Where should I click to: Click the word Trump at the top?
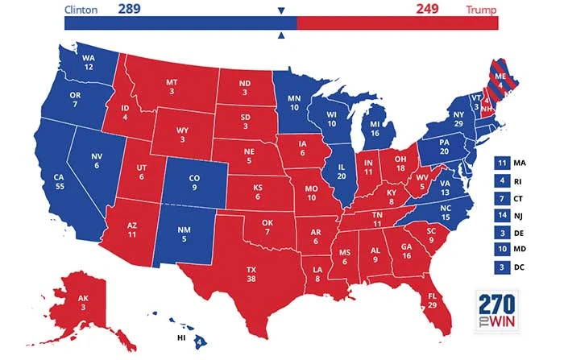pyautogui.click(x=481, y=10)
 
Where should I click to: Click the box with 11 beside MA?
pyautogui.click(x=502, y=163)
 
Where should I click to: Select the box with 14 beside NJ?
pyautogui.click(x=502, y=216)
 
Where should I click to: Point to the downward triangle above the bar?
pyautogui.click(x=281, y=11)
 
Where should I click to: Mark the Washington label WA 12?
pyautogui.click(x=89, y=62)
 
